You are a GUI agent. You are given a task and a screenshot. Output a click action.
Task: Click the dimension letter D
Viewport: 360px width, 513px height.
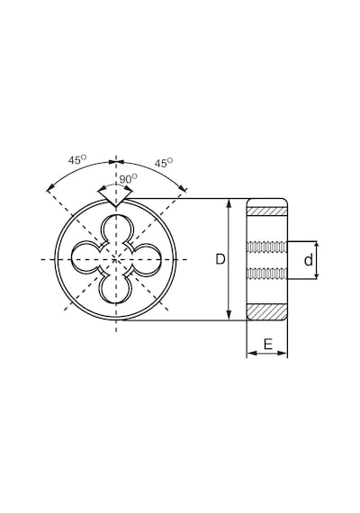tap(220, 259)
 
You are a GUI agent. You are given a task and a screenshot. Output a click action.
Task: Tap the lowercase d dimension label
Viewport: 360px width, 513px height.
tap(309, 260)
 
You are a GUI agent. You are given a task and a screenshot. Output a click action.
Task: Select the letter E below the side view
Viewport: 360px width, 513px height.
tap(267, 344)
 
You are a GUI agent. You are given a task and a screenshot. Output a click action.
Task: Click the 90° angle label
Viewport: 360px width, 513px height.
tap(128, 178)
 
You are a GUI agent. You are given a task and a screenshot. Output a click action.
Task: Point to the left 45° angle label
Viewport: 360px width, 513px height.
tap(77, 159)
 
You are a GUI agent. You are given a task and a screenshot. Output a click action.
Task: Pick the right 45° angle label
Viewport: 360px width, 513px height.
tap(164, 163)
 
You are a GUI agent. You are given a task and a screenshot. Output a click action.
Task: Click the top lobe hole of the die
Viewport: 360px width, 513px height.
tap(116, 229)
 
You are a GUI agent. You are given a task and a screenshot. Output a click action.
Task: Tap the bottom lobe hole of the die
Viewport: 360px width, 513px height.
tap(116, 290)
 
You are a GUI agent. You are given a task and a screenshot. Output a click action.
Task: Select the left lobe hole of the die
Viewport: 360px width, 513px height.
tap(85, 259)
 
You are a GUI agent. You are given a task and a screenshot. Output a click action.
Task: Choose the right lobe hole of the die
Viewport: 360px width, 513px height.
tap(147, 259)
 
